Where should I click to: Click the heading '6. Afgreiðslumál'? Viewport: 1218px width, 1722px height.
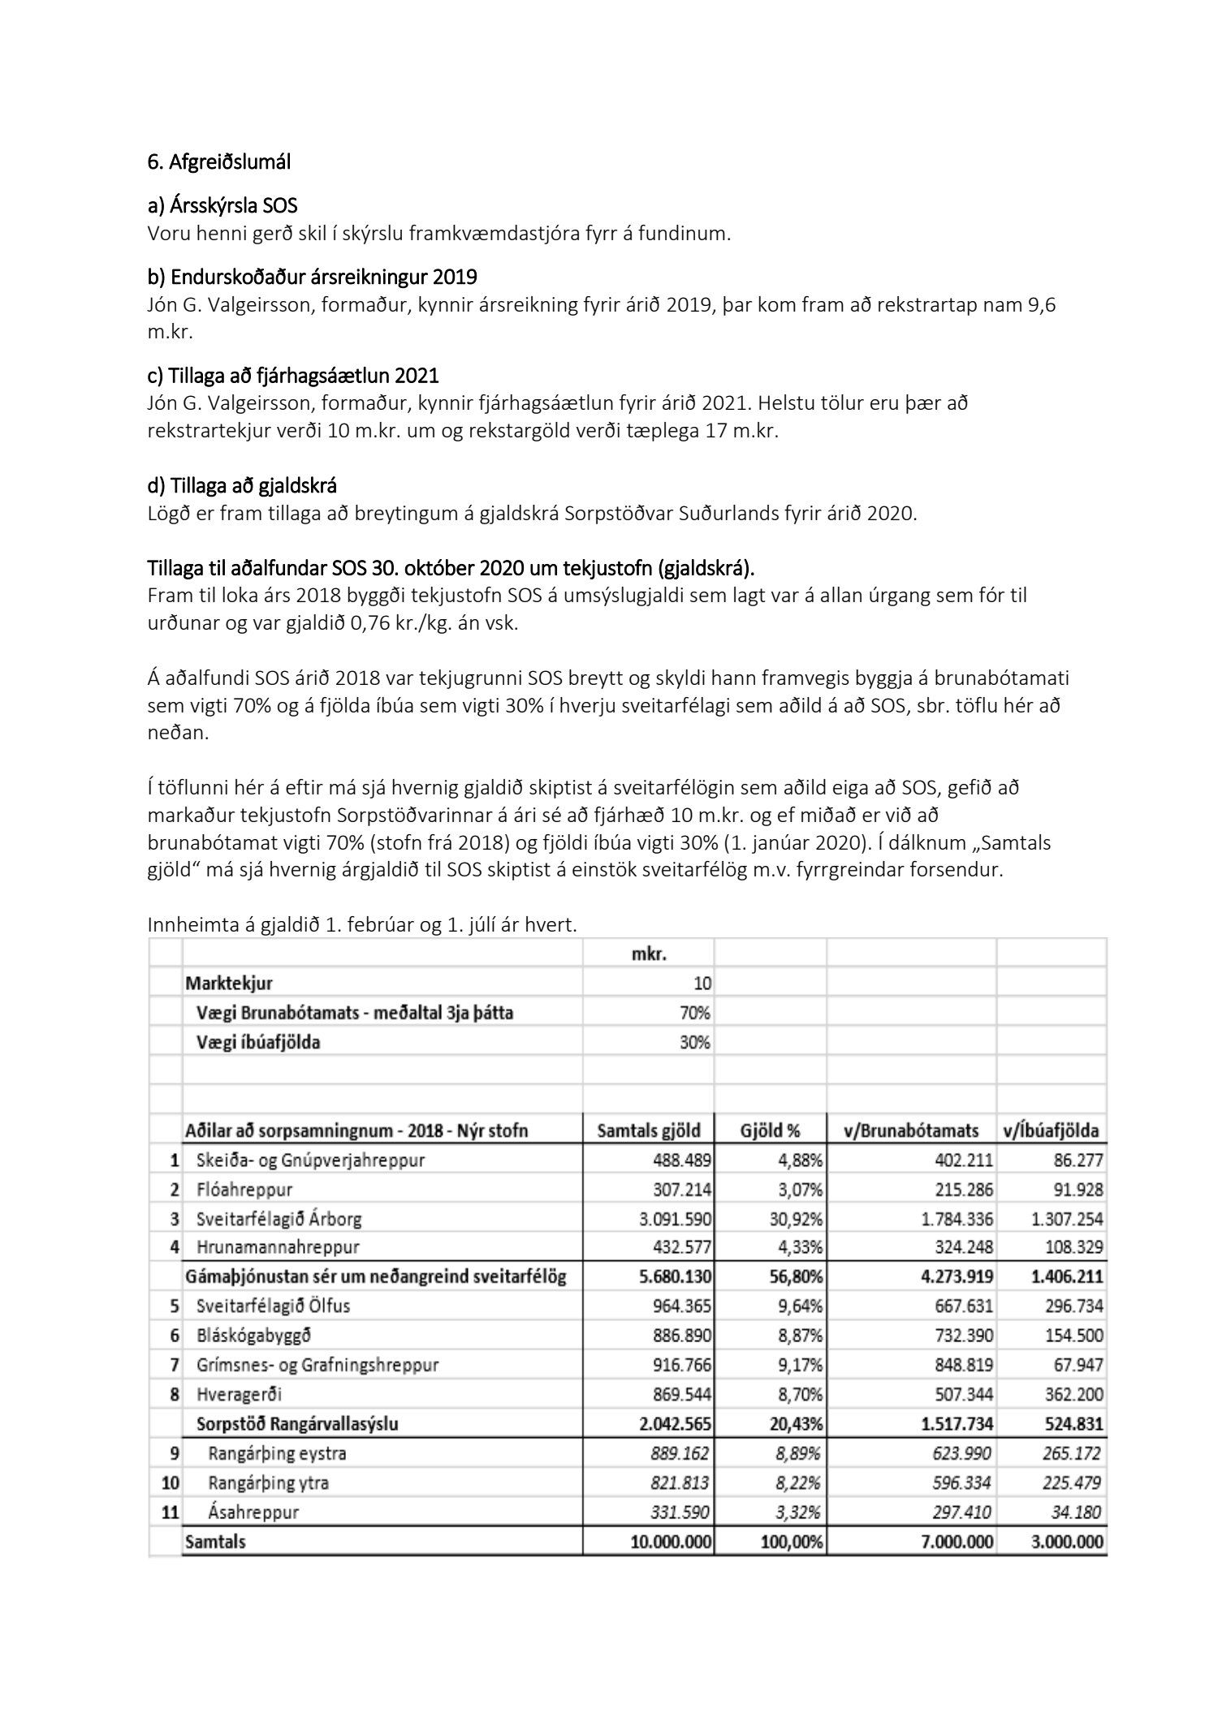pyautogui.click(x=218, y=161)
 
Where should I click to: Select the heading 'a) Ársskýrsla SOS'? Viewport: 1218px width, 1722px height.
pyautogui.click(x=222, y=206)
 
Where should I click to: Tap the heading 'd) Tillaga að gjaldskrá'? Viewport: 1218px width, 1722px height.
pyautogui.click(x=242, y=485)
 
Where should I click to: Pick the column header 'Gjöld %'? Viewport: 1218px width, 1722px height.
pyautogui.click(x=771, y=1130)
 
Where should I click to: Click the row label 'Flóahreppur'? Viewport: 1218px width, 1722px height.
pyautogui.click(x=244, y=1190)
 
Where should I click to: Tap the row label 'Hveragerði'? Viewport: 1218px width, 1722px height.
pyautogui.click(x=239, y=1394)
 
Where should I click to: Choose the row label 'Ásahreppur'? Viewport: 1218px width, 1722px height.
pyautogui.click(x=253, y=1512)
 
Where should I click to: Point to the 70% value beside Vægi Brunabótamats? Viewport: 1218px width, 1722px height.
pyautogui.click(x=694, y=1013)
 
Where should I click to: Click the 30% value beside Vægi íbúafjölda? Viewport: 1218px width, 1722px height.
pyautogui.click(x=694, y=1042)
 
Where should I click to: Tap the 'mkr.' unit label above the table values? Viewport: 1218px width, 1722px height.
pyautogui.click(x=649, y=954)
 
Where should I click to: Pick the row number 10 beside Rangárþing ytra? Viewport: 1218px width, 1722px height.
pyautogui.click(x=171, y=1483)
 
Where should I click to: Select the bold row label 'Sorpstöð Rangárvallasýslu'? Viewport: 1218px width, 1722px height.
pyautogui.click(x=297, y=1423)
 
